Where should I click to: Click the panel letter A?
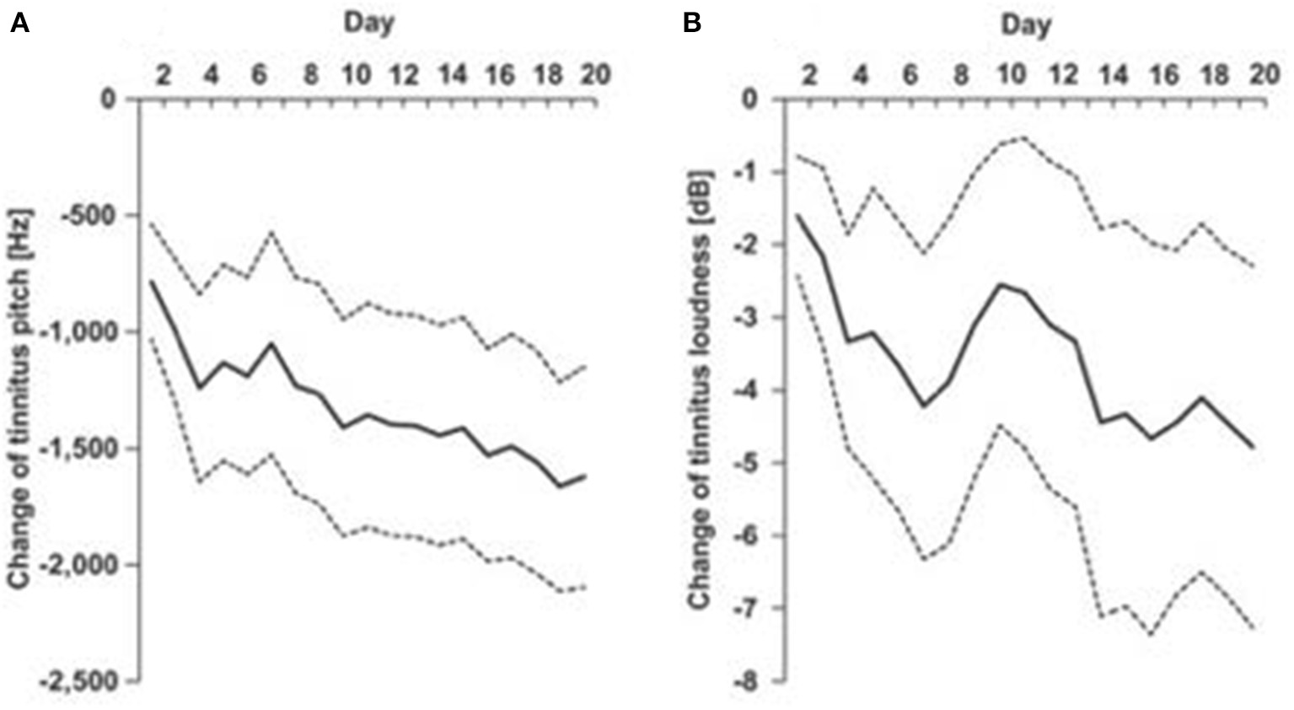(19, 24)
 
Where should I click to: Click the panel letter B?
(691, 24)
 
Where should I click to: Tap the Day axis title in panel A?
(368, 24)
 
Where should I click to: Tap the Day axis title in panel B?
(1025, 25)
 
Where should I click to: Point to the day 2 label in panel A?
(163, 75)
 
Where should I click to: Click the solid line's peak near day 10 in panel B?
(1001, 284)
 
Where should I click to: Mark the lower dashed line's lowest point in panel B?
(1151, 633)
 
